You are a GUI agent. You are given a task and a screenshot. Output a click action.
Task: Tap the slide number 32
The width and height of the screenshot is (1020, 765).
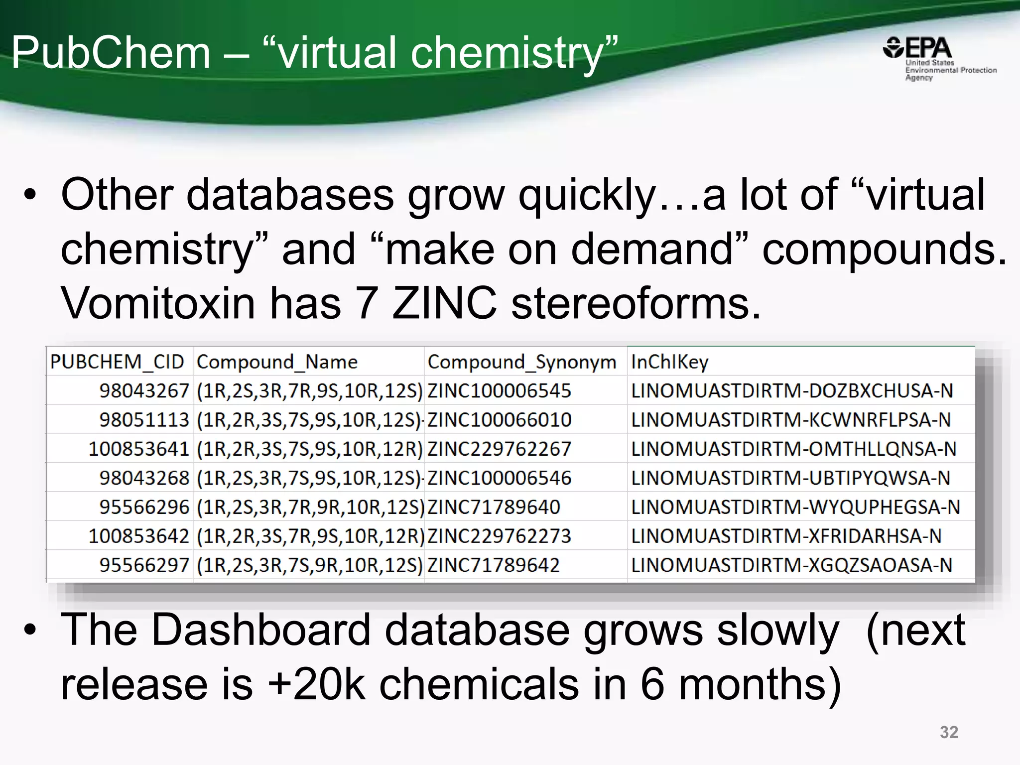click(948, 732)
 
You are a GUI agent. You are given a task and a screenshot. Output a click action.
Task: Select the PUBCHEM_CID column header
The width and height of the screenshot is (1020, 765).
click(118, 362)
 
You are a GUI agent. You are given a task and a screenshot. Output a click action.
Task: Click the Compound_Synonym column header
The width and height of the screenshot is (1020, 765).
click(521, 362)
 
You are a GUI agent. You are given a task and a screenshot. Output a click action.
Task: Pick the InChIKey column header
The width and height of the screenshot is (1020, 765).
click(669, 362)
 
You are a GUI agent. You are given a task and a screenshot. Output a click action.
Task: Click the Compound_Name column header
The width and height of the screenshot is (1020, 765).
click(277, 362)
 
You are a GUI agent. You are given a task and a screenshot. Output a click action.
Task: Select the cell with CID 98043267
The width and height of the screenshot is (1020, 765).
click(144, 391)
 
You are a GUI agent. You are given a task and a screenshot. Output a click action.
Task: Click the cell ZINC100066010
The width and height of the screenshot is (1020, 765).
click(499, 420)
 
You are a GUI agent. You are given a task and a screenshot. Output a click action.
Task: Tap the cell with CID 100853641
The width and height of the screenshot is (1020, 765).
click(138, 449)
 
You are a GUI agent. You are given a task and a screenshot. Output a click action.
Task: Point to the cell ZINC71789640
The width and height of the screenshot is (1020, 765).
click(494, 507)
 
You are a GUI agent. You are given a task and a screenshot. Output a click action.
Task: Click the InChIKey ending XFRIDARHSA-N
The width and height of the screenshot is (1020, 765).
click(786, 536)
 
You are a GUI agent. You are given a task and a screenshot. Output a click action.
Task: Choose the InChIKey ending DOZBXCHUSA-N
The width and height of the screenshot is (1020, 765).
click(791, 391)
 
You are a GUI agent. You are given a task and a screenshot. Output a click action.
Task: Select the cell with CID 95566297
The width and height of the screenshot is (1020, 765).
click(144, 565)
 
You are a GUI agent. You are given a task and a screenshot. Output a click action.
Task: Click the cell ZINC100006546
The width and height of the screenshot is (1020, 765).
click(499, 478)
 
